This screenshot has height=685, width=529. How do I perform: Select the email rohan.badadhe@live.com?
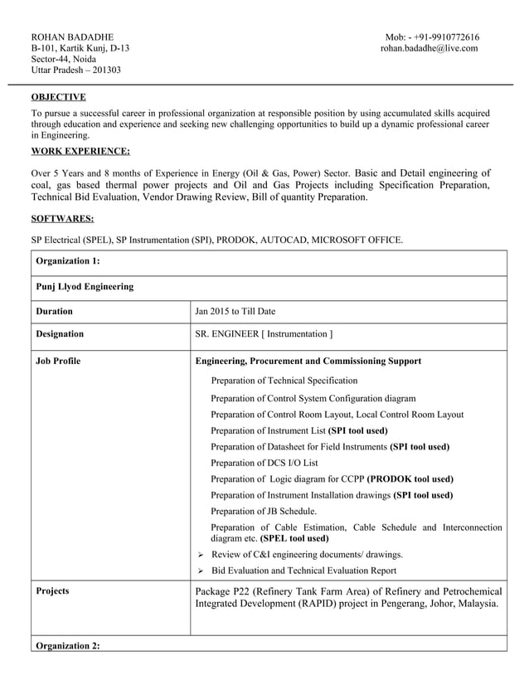click(x=429, y=48)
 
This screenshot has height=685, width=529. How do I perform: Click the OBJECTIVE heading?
click(x=58, y=97)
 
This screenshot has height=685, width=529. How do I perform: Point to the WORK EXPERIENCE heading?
click(x=80, y=151)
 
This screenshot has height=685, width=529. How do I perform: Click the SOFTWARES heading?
click(x=62, y=219)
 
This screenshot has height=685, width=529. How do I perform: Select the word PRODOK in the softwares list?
click(x=237, y=240)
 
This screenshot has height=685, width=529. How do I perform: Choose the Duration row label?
click(x=55, y=312)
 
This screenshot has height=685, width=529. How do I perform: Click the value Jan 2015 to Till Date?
click(x=235, y=312)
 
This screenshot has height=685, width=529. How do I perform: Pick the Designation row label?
click(x=60, y=334)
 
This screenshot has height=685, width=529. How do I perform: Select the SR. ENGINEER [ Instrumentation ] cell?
click(x=264, y=334)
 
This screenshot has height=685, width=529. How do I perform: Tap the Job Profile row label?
click(x=59, y=362)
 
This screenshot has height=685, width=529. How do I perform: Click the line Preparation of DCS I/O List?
click(x=264, y=463)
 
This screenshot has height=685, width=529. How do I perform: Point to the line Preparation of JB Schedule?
click(x=264, y=511)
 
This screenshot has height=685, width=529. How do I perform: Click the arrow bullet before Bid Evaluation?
click(x=200, y=571)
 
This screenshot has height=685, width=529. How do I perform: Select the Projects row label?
click(x=53, y=591)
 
